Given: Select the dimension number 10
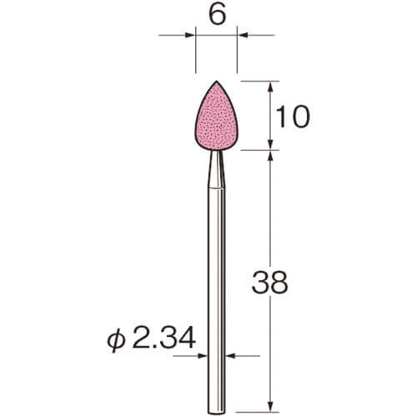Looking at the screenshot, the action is (293, 117).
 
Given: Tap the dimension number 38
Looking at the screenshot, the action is (269, 283).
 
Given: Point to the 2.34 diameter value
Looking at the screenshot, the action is (163, 338).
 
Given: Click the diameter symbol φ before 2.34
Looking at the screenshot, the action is (115, 339).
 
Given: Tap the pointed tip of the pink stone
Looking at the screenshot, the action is (217, 81).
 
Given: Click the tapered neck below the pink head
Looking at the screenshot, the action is (217, 169).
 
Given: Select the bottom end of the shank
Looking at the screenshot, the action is (217, 412).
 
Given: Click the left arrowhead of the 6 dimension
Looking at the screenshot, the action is (190, 35).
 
